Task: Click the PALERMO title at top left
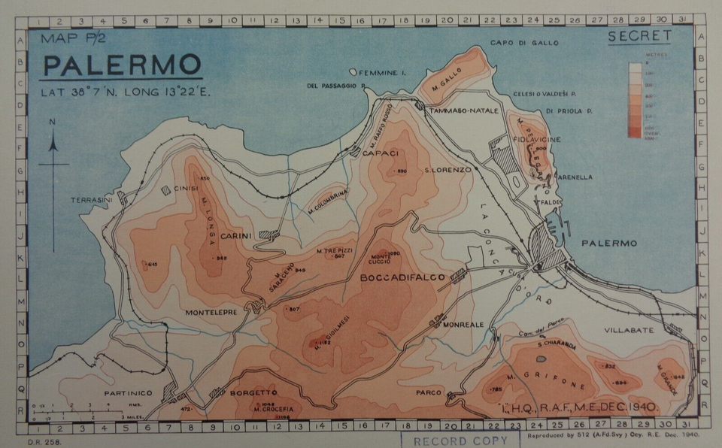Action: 122,66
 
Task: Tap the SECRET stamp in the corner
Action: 639,35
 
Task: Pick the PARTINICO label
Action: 129,392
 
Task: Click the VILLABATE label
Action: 629,330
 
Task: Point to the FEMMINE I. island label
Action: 383,73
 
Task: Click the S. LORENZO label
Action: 447,170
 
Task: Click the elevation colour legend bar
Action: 635,100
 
